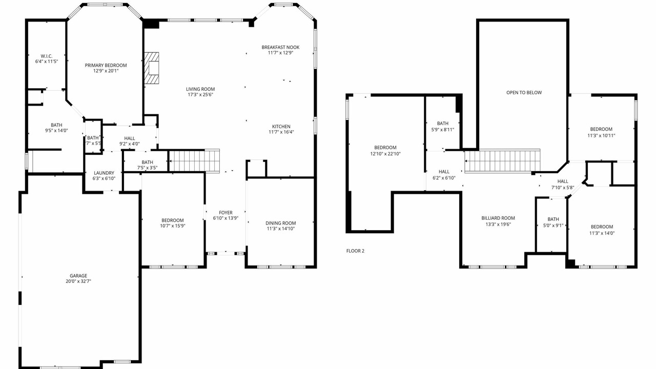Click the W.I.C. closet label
pyautogui.click(x=47, y=56)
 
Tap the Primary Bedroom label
pyautogui.click(x=106, y=65)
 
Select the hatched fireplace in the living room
pyautogui.click(x=152, y=68)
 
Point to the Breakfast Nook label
pyautogui.click(x=280, y=47)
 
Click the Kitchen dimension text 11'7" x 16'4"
pyautogui.click(x=281, y=132)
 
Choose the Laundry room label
pyautogui.click(x=104, y=173)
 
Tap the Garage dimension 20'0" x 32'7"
pyautogui.click(x=78, y=281)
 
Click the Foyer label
pyautogui.click(x=225, y=213)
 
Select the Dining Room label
pyautogui.click(x=280, y=223)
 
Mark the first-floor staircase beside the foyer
pyautogui.click(x=194, y=160)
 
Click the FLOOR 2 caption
pyautogui.click(x=355, y=251)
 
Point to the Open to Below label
pyautogui.click(x=524, y=93)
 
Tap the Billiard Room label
pyautogui.click(x=498, y=218)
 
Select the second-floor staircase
pyautogui.click(x=502, y=161)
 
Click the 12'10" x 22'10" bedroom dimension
pyautogui.click(x=385, y=154)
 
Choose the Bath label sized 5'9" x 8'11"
pyautogui.click(x=443, y=124)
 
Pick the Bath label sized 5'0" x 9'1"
pyautogui.click(x=553, y=219)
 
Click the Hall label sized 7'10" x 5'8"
pyautogui.click(x=563, y=181)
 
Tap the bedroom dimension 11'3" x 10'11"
pyautogui.click(x=601, y=136)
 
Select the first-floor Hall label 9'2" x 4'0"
pyautogui.click(x=130, y=138)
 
